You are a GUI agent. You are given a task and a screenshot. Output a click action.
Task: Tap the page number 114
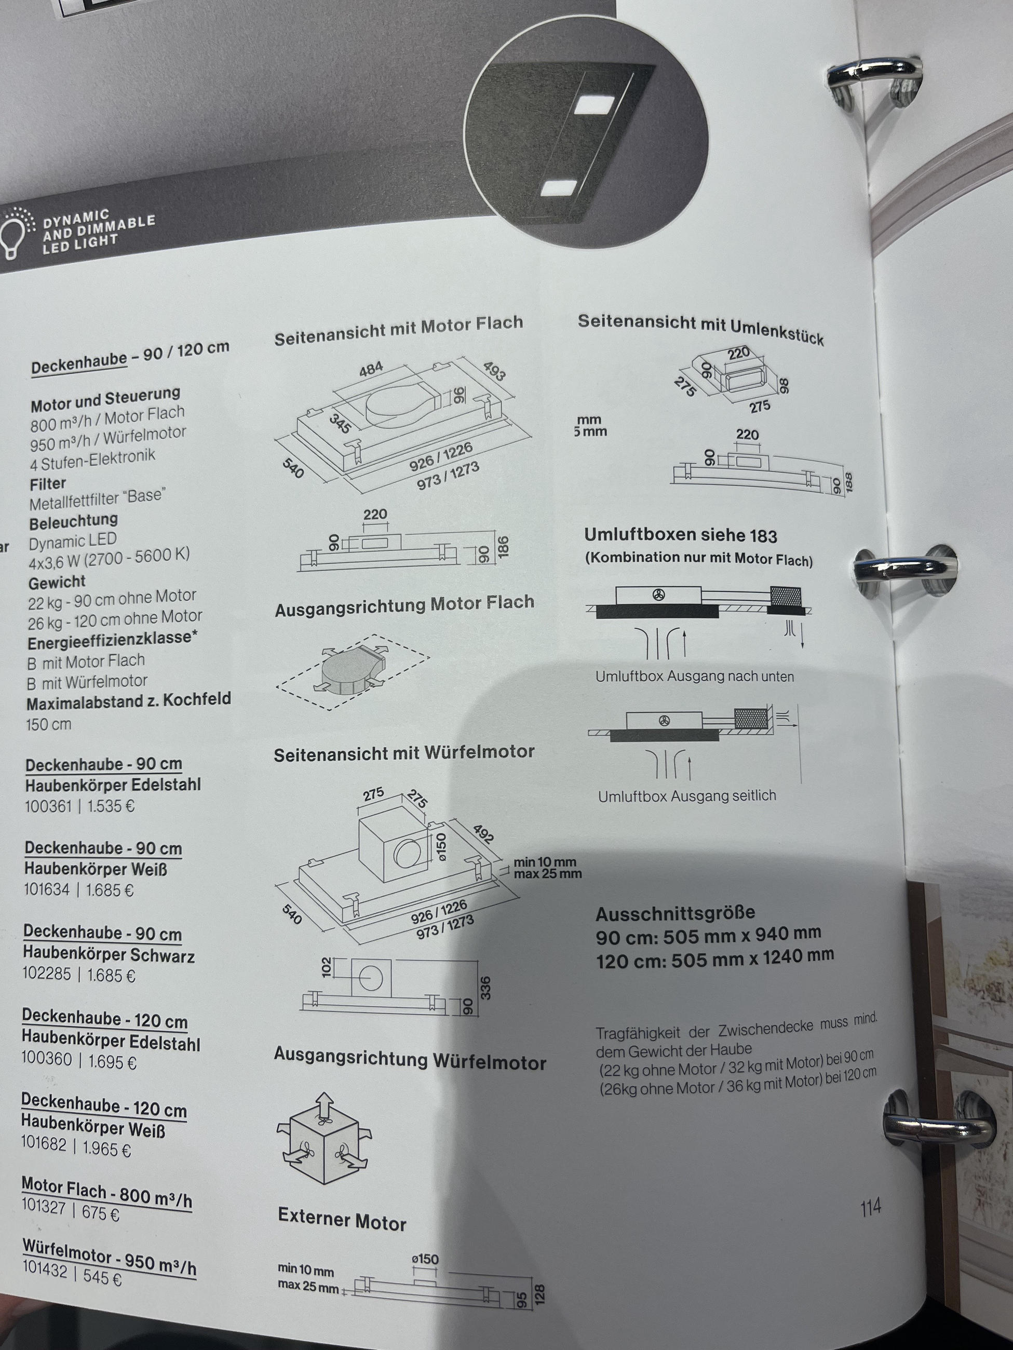tap(870, 1207)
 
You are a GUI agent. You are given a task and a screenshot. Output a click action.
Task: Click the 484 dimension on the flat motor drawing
tap(371, 369)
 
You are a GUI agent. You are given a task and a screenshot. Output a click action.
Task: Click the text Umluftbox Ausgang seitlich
tap(687, 797)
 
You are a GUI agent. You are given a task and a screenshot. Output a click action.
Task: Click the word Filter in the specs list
tap(48, 484)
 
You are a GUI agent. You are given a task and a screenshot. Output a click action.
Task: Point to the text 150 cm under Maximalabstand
tap(49, 724)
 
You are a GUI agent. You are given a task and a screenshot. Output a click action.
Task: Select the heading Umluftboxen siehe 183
tap(680, 536)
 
